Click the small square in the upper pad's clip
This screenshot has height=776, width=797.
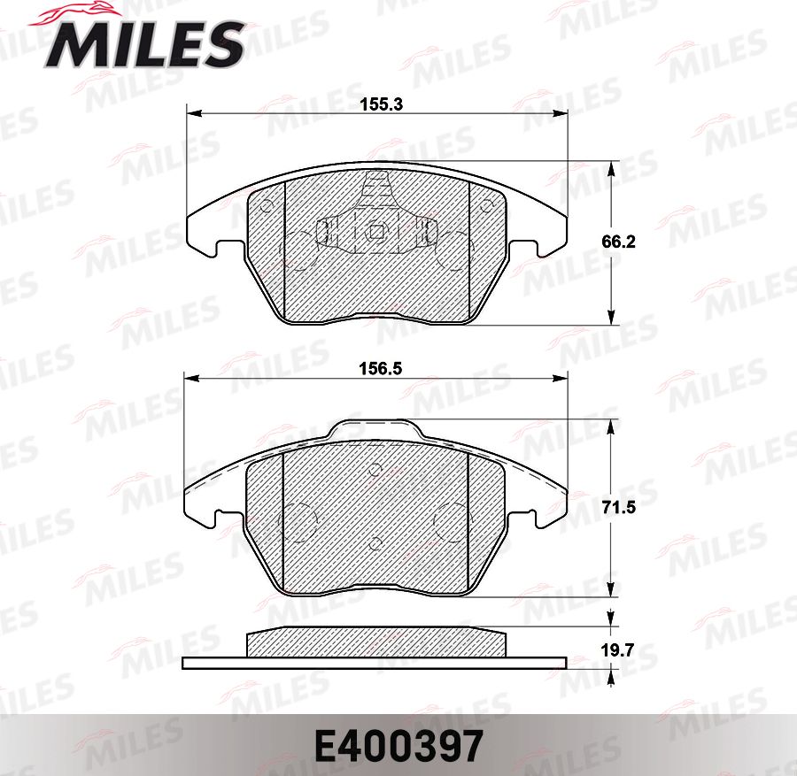click(376, 233)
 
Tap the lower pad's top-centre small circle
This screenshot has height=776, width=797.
click(375, 470)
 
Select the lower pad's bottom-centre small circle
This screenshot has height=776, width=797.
click(375, 542)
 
